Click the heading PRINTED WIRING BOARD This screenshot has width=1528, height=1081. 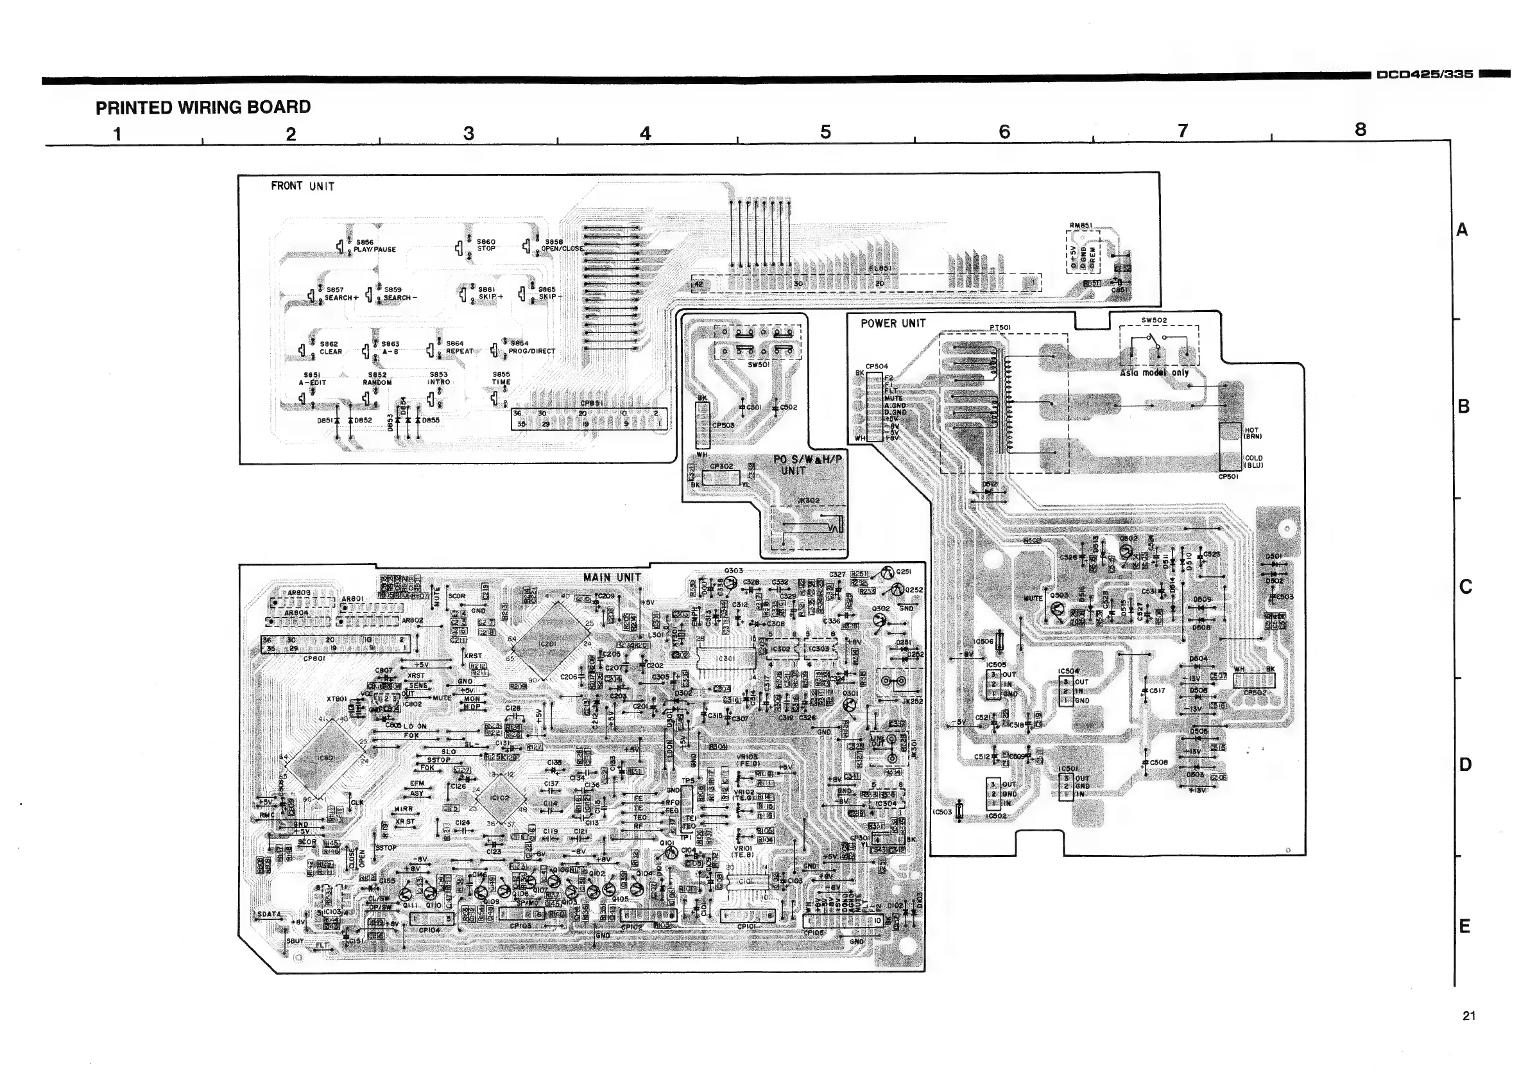(203, 107)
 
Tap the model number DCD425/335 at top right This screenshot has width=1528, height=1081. (1424, 74)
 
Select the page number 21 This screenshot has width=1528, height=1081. (1469, 1016)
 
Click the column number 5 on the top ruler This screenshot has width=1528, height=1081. (825, 132)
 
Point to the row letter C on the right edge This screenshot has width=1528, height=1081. (1464, 587)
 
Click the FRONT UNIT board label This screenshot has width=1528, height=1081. (302, 186)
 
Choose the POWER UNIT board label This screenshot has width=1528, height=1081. (893, 324)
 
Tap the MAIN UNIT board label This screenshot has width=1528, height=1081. (612, 578)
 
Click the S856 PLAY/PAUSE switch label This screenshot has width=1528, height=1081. (375, 246)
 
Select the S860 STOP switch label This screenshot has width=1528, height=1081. (486, 245)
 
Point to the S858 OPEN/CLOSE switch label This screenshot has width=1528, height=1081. (561, 246)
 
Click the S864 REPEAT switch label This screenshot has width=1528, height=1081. (459, 347)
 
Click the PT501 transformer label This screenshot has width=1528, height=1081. (1000, 327)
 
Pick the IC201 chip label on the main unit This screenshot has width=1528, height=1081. (547, 644)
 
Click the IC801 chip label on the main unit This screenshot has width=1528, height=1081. (326, 758)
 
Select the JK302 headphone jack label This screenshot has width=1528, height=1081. (808, 501)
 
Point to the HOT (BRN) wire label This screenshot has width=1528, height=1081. (1251, 433)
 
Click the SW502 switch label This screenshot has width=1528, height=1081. (1154, 320)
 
